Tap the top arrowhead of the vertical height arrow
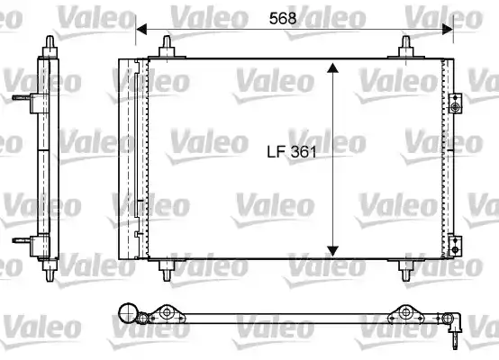click(332, 69)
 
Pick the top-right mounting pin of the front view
click(406, 48)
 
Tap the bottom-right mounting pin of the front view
click(406, 269)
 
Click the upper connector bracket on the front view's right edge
click(457, 105)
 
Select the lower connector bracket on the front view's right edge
click(457, 243)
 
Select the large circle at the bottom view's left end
click(128, 315)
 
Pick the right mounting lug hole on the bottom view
click(405, 314)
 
